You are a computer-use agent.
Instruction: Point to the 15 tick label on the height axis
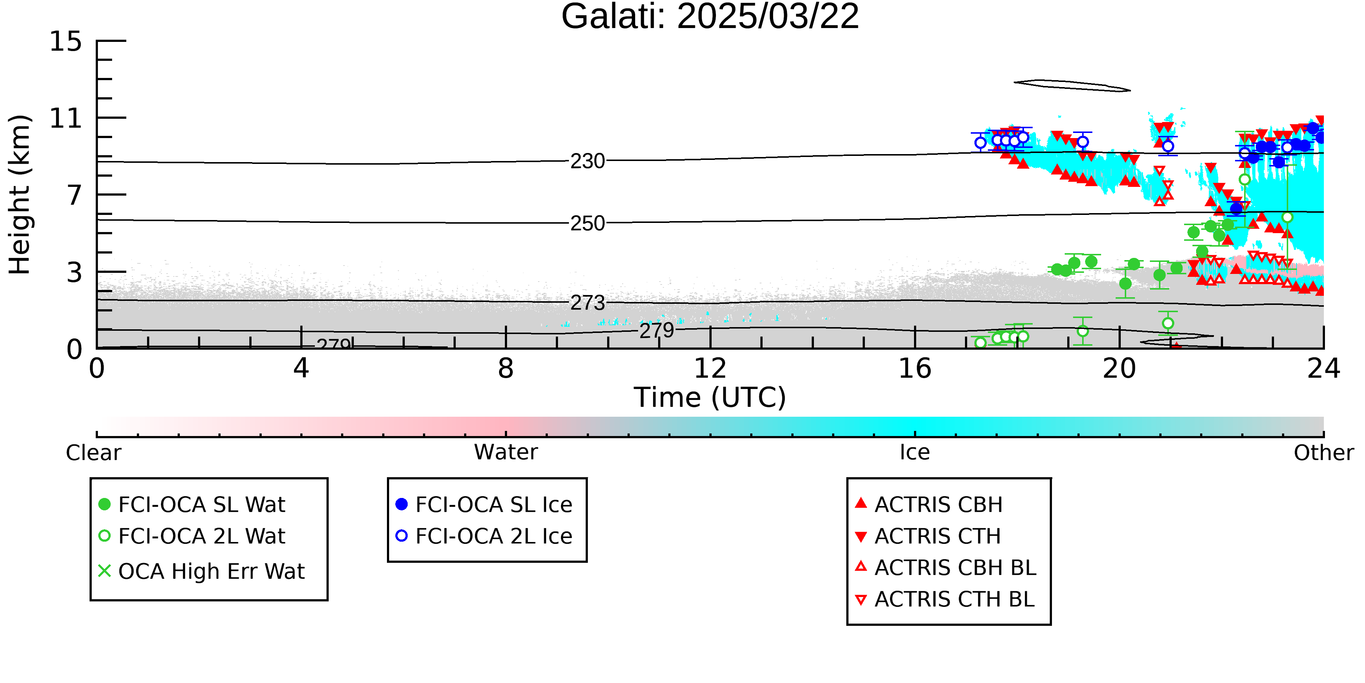point(66,42)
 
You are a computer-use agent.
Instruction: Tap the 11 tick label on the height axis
point(66,118)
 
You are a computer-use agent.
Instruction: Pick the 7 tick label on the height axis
point(75,195)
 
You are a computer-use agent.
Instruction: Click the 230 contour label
point(587,161)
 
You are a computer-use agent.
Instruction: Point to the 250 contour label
point(587,223)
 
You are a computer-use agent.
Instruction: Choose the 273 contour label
point(587,303)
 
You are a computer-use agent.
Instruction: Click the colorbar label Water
point(506,452)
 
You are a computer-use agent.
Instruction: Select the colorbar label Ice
point(915,452)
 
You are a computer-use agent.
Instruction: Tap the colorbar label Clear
point(93,452)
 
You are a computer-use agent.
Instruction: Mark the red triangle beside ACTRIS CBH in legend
point(861,503)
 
